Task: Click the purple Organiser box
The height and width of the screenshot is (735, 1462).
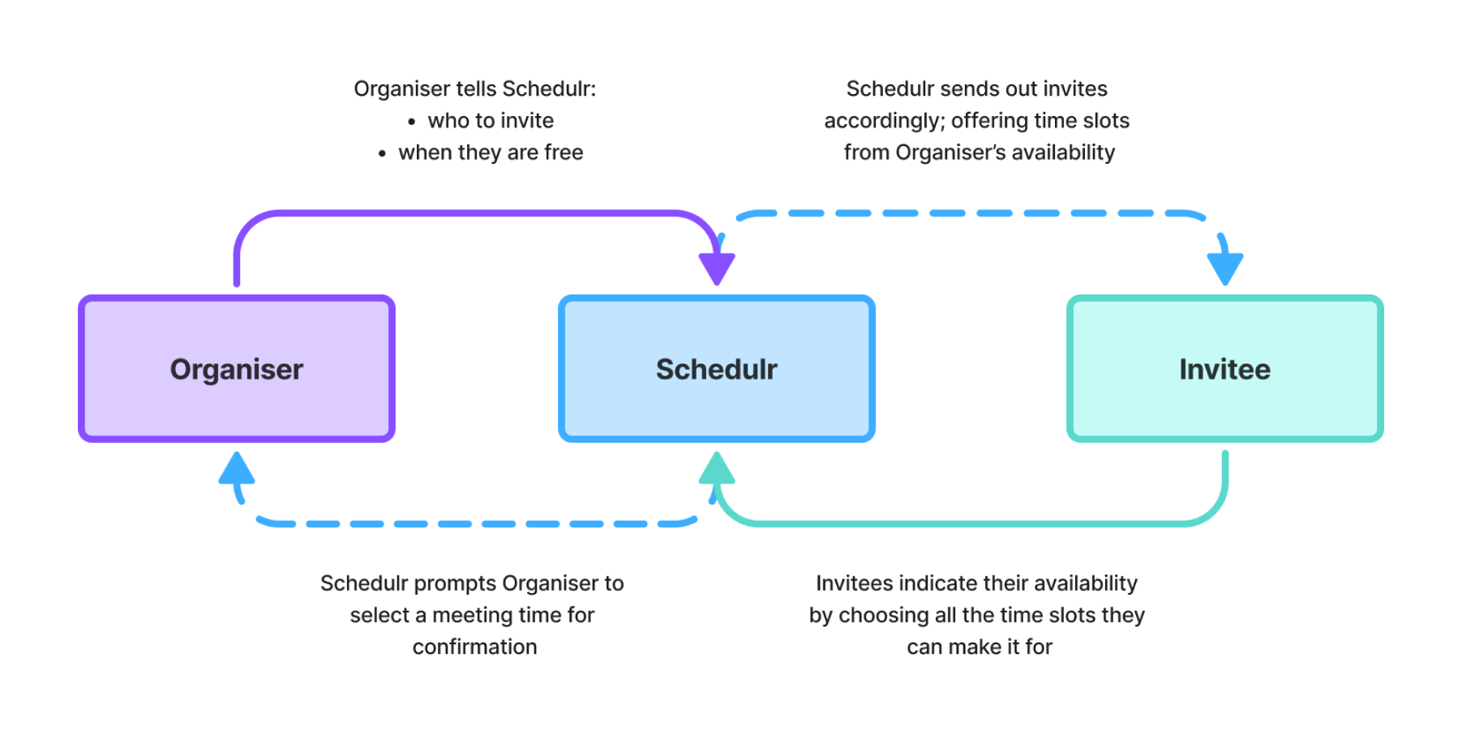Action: point(237,368)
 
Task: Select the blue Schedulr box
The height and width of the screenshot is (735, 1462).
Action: point(717,368)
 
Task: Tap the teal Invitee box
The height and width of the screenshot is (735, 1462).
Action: point(1225,368)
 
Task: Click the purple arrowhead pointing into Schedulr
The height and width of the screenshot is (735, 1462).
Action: point(717,269)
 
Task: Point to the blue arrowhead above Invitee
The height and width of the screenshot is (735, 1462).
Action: point(1225,269)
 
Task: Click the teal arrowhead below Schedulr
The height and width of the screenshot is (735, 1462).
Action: point(717,468)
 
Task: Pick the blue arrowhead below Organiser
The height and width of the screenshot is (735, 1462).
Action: point(237,468)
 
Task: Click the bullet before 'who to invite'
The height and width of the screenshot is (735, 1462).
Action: point(412,122)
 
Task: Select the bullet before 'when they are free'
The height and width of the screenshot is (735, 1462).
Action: point(382,153)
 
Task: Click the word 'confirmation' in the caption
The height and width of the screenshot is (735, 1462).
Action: point(475,647)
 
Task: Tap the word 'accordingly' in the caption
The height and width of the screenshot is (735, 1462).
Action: point(885,121)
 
